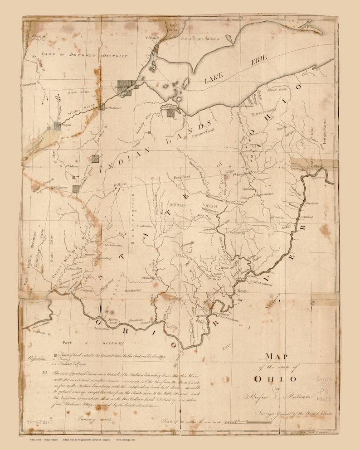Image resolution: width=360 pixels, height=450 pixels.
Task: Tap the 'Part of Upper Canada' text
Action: (199, 39)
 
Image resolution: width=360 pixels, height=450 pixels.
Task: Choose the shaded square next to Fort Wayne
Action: (58, 126)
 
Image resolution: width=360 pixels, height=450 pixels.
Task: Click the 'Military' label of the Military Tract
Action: (176, 204)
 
